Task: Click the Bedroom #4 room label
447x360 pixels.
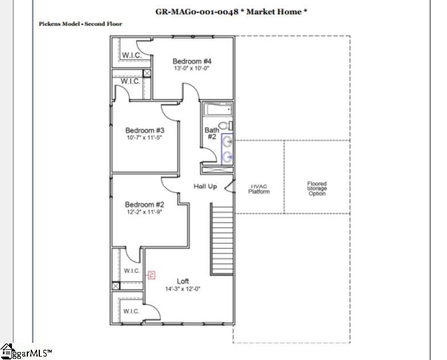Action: pyautogui.click(x=192, y=61)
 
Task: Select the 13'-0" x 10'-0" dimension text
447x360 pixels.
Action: pyautogui.click(x=192, y=68)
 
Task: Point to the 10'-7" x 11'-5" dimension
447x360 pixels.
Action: pyautogui.click(x=145, y=137)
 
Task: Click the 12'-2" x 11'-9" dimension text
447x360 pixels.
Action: pyautogui.click(x=145, y=212)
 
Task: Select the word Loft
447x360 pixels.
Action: pyautogui.click(x=183, y=281)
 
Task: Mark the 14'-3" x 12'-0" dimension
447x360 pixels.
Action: pyautogui.click(x=183, y=289)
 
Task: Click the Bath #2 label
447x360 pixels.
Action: pyautogui.click(x=211, y=133)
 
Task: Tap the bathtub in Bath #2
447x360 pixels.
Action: pyautogui.click(x=217, y=109)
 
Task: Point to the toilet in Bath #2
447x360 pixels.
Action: pyautogui.click(x=224, y=126)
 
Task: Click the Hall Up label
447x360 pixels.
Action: pyautogui.click(x=205, y=186)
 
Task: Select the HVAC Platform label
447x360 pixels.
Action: pyautogui.click(x=259, y=189)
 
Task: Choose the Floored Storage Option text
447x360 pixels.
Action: pyautogui.click(x=317, y=189)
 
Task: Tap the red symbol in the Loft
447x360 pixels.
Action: pyautogui.click(x=151, y=275)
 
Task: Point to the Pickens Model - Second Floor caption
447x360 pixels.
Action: pyautogui.click(x=80, y=24)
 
